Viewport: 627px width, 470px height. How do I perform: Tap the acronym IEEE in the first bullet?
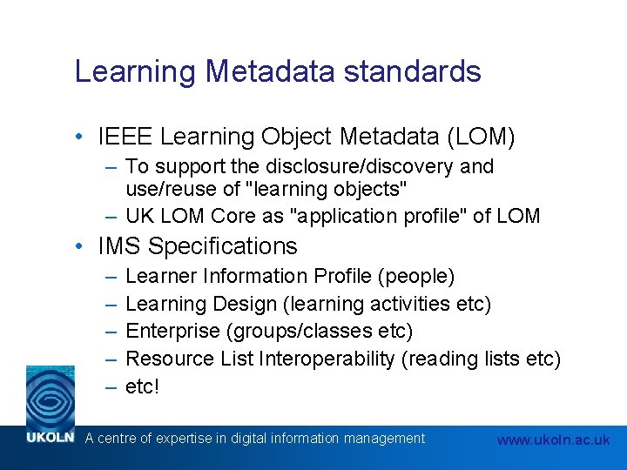click(x=126, y=137)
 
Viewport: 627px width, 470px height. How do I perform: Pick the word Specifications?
click(x=223, y=246)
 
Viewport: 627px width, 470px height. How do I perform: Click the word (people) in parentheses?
click(x=416, y=277)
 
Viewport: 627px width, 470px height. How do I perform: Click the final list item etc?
click(x=142, y=386)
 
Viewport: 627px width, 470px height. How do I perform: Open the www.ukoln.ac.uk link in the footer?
click(x=553, y=440)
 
